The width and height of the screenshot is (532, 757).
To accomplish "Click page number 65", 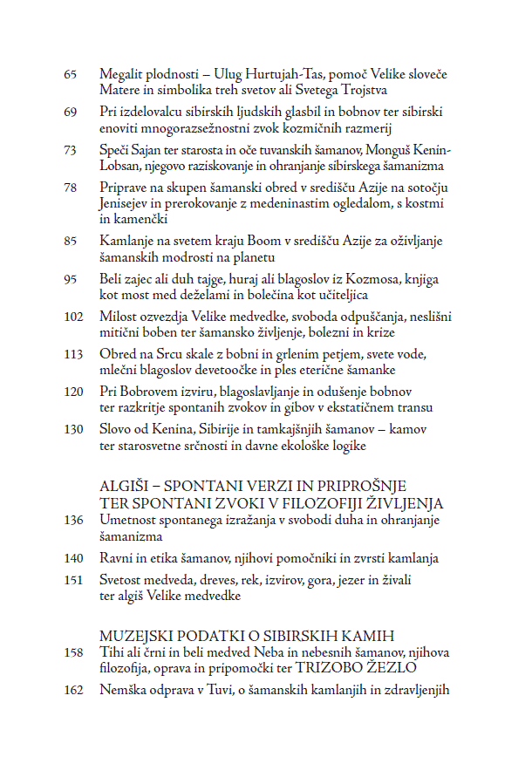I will pos(71,73).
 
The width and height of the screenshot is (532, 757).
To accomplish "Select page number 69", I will pos(71,112).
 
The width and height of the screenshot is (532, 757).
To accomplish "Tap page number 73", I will pos(71,150).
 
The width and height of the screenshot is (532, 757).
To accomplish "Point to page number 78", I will pos(71,188).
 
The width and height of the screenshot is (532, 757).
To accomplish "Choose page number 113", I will pos(73,353).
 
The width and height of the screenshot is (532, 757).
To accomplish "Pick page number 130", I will pos(73,429).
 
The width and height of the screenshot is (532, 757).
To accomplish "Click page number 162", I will pos(73,691).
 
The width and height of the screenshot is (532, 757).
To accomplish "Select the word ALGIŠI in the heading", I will pos(125,487).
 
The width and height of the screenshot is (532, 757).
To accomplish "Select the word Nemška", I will pos(123,691).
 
